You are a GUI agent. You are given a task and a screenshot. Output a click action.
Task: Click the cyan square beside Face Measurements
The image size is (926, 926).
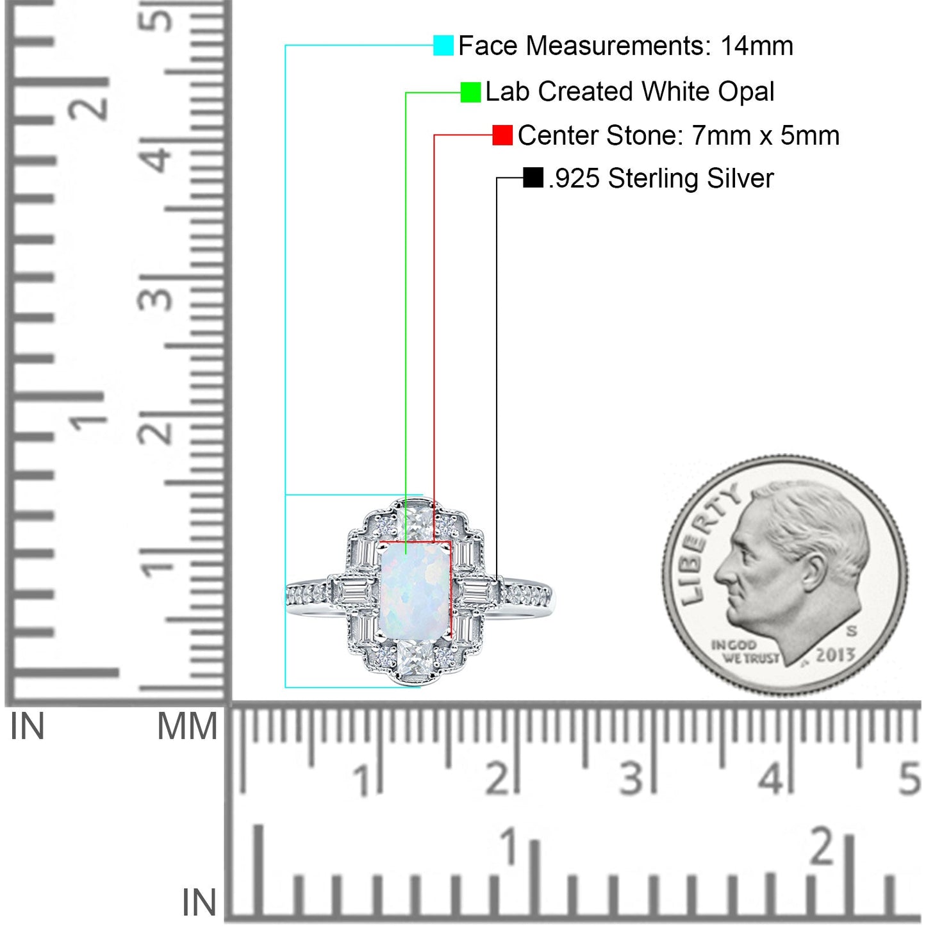click(443, 45)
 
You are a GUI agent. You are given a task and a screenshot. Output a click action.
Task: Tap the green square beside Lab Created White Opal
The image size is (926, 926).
click(470, 92)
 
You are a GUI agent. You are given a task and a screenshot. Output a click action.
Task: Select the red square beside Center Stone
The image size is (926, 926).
click(502, 135)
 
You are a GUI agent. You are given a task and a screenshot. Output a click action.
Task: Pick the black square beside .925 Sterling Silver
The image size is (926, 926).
click(533, 178)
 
